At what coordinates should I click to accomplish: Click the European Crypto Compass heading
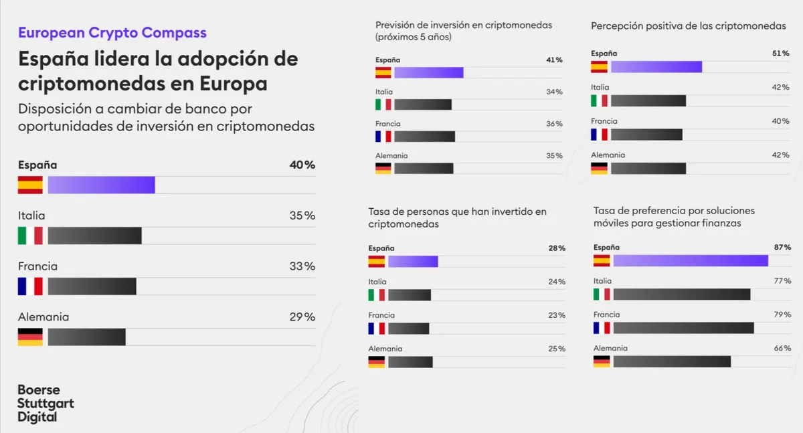coord(112,32)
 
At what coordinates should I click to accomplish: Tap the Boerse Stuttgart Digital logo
coord(46,403)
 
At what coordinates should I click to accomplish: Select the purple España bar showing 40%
coord(101,185)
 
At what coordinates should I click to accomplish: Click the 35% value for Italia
coord(302,215)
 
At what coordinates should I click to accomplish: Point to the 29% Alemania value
coord(302,317)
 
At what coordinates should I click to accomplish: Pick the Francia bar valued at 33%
coord(92,286)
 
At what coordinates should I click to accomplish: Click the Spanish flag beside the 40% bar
coord(30,185)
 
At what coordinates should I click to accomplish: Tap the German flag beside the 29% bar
coord(30,337)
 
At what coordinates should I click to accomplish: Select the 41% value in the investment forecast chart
coord(554,60)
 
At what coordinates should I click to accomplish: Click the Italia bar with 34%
coord(423,104)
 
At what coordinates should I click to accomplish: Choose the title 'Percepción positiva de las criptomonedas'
coord(689,25)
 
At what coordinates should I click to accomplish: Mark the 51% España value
coord(781,53)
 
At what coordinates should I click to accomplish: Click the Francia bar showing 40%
coord(646,135)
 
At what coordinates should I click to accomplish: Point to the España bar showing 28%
coord(413,261)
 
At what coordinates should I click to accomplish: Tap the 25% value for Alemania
coord(557,349)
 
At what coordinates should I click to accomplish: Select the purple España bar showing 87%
coord(690,261)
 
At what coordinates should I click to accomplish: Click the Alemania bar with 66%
coord(672,361)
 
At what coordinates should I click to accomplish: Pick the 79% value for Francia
coord(782,315)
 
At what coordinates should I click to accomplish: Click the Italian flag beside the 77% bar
coord(602,294)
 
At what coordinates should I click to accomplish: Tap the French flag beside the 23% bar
coord(376,328)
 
